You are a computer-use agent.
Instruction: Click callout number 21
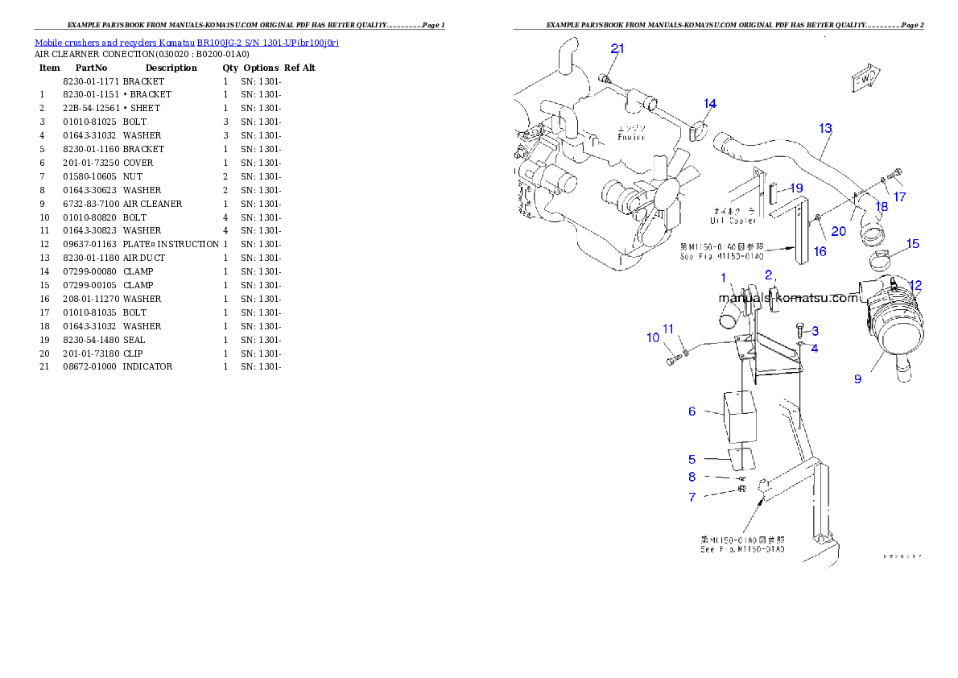pos(617,48)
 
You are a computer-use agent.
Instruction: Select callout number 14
pos(710,103)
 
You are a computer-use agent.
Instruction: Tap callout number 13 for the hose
pos(825,128)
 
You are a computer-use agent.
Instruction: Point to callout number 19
pos(796,188)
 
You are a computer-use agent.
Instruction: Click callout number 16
pos(820,251)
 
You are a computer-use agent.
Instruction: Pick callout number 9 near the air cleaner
pos(857,378)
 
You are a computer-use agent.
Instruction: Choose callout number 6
pos(692,411)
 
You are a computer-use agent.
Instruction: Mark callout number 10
pos(653,337)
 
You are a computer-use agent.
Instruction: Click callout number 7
pos(692,498)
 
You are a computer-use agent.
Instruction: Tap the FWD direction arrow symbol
pos(863,80)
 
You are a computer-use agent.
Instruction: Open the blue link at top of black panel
pos(186,43)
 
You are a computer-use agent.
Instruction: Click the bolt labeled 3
pos(800,328)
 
